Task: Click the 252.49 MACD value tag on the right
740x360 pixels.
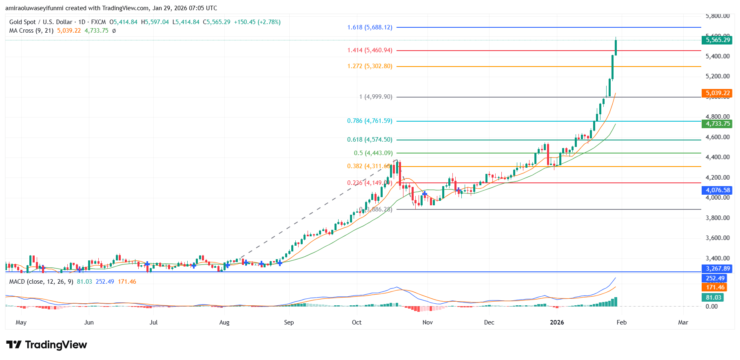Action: click(715, 278)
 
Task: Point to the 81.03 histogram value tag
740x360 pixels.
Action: click(713, 298)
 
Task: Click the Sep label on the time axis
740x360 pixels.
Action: click(289, 322)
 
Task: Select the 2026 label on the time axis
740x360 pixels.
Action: click(557, 322)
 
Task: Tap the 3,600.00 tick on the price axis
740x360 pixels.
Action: click(718, 238)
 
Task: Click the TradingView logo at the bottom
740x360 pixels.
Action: click(47, 345)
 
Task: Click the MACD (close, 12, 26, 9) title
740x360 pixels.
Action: click(41, 282)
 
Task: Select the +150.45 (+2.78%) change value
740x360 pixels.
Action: click(257, 22)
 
